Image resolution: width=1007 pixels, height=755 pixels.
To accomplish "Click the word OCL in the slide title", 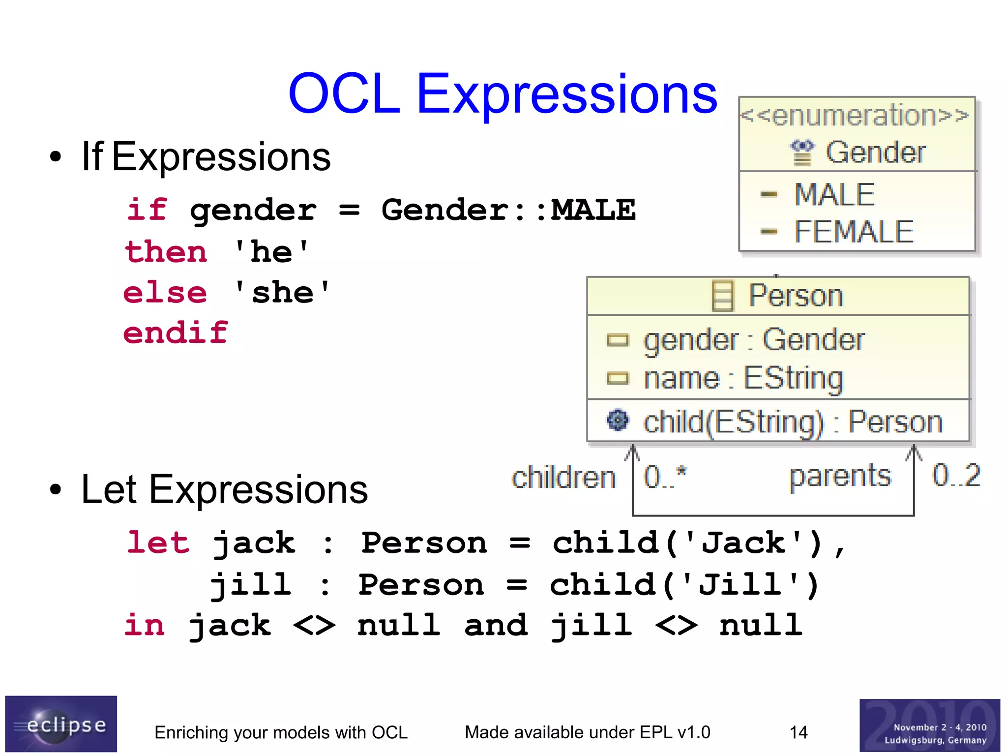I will pos(344,93).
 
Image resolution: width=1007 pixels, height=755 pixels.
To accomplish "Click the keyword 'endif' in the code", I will pos(176,333).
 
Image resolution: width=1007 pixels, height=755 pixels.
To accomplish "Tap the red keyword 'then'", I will pos(166,252).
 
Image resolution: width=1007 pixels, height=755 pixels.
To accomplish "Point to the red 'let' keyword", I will pos(158,543).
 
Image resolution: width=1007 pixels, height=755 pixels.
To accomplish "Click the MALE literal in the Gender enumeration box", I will pos(834,194).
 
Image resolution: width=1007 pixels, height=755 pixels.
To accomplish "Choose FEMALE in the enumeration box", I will pos(854,232).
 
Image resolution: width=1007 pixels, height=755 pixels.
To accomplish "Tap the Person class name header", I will pos(795,296).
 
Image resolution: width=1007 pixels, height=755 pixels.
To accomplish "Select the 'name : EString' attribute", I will pos(743,378).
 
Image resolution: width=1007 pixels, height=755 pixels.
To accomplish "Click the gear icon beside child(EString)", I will pos(618,420).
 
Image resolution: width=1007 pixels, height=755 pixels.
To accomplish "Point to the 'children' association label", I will pos(563,478).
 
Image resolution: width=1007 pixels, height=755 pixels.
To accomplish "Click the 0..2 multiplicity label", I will pos(955,475).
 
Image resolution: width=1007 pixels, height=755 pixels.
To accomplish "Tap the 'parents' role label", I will pos(840,476).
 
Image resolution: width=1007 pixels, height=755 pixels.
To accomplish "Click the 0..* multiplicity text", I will pos(665,477).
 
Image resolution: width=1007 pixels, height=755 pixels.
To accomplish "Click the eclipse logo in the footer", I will pos(61,724).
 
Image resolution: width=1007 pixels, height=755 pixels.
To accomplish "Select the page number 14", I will pos(798,732).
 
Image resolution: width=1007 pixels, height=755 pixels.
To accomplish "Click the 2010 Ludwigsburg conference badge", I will pos(929,725).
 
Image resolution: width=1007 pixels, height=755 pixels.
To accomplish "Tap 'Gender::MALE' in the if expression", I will pos(508,210).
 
